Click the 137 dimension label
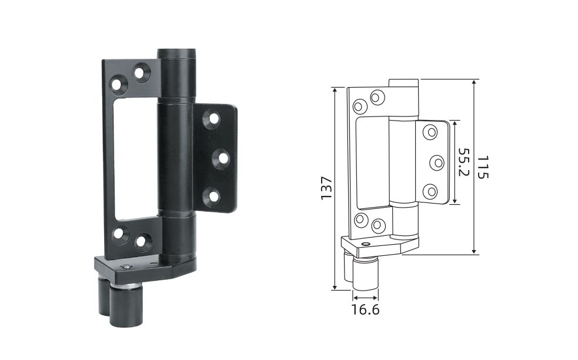(x=326, y=188)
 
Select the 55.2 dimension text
(x=463, y=162)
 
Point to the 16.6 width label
(x=365, y=309)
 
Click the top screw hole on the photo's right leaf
(x=213, y=119)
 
